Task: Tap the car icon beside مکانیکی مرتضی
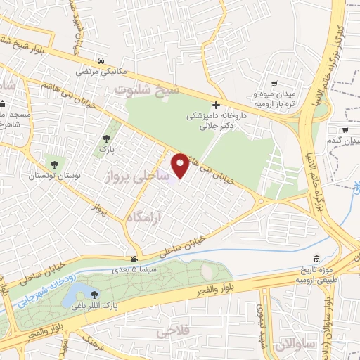103,60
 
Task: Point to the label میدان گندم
344,141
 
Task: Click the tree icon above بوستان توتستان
53,165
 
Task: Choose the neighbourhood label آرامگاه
152,213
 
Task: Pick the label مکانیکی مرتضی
93,72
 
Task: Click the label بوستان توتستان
54,176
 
